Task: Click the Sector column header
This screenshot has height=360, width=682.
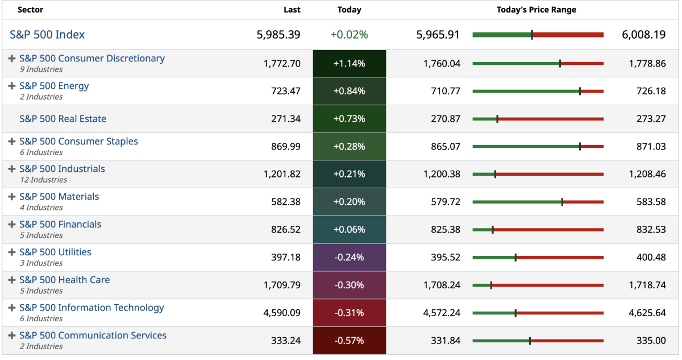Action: (x=30, y=10)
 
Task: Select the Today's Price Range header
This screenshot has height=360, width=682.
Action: (x=536, y=10)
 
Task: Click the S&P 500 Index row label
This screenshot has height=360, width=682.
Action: (x=47, y=35)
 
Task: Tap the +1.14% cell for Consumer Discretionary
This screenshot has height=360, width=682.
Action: (x=349, y=64)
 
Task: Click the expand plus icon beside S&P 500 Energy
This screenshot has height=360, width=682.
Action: (x=12, y=86)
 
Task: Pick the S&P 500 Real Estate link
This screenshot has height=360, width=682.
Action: (x=63, y=119)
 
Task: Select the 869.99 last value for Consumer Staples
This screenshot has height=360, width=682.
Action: (x=286, y=147)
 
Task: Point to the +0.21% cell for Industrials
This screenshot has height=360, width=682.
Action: (x=349, y=174)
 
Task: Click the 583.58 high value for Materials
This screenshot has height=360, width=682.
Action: (x=651, y=202)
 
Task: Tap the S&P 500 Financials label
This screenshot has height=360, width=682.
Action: (x=60, y=225)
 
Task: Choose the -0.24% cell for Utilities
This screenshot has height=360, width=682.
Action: (x=349, y=257)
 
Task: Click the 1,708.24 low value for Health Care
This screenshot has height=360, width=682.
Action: (x=442, y=285)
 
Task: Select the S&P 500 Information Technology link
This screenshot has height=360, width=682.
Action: (x=92, y=308)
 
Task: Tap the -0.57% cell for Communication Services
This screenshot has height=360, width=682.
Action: (x=349, y=341)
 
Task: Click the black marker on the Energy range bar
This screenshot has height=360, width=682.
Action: (x=580, y=91)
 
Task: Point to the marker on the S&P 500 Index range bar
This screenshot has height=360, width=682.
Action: (x=532, y=35)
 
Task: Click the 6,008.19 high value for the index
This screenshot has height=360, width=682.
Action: (x=643, y=35)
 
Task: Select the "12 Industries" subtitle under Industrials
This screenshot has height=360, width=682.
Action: (x=43, y=180)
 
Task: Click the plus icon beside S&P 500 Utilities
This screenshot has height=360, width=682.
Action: (x=12, y=252)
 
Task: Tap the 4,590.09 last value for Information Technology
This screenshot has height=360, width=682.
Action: (x=282, y=313)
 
